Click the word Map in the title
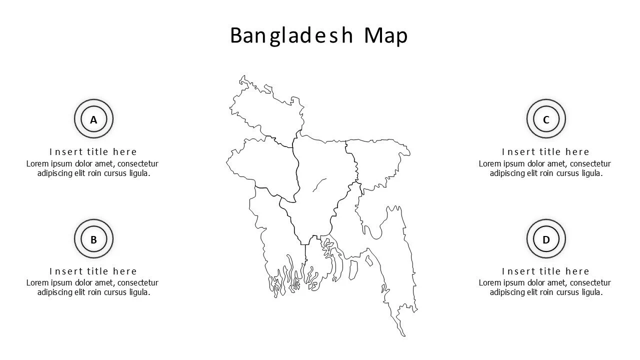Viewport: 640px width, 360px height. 386,35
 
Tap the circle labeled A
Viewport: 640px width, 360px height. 93,119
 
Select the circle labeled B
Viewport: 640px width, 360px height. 93,239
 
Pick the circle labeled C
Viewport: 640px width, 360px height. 546,119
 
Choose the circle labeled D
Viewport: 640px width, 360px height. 546,239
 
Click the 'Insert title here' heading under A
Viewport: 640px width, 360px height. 93,151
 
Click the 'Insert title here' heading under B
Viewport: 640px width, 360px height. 93,271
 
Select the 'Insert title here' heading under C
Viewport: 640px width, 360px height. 546,151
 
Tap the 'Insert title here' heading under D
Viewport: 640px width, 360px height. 546,271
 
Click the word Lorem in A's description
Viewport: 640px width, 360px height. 38,163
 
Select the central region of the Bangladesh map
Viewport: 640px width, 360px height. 320,200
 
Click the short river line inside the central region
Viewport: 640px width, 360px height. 319,185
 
